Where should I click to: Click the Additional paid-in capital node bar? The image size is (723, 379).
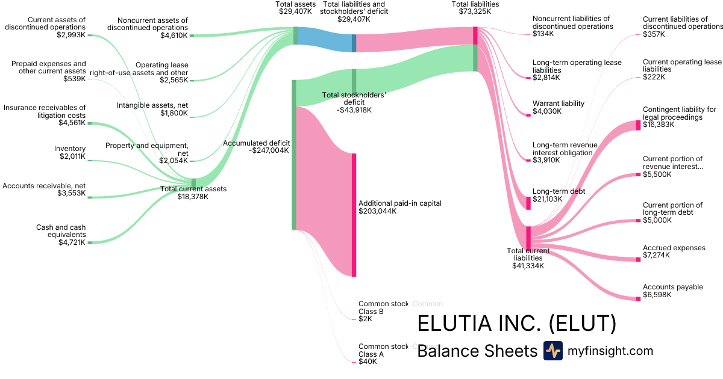point(354,215)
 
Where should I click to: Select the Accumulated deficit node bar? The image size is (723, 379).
point(293,155)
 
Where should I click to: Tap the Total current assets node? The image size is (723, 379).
point(193,183)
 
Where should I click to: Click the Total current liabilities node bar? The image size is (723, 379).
point(528,238)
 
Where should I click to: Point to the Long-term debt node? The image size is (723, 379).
point(528,203)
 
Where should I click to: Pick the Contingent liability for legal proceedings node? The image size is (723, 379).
point(639,125)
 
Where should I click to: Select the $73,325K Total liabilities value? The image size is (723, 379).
point(475,11)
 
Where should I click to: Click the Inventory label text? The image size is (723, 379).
point(70,149)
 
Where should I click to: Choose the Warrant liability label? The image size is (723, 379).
point(558,103)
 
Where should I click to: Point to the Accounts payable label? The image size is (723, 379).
point(672,287)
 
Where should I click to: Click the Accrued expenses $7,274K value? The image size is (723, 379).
point(657,256)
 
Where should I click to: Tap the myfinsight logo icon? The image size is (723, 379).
point(552,351)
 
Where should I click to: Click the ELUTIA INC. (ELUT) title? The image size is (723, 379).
point(516,323)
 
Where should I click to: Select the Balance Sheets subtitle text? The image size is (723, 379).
point(477,351)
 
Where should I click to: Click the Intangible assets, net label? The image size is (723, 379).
point(152,105)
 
